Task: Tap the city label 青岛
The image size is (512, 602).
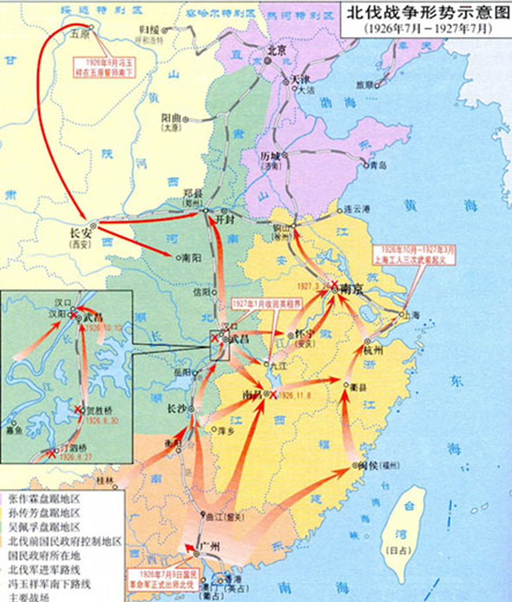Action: [379, 165]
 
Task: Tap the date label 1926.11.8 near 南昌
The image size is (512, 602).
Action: [293, 395]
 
